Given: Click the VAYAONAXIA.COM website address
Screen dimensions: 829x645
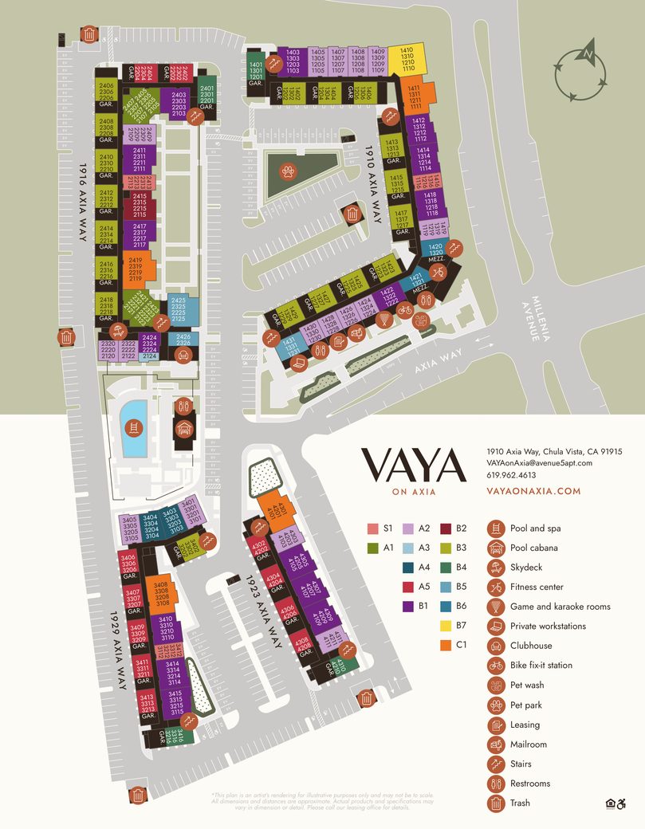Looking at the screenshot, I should point(533,492).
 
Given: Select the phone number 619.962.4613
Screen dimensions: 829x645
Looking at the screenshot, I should point(511,475).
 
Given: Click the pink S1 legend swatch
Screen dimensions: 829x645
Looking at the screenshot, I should point(372,528).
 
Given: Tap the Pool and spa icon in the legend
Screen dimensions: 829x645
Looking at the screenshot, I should point(496,528).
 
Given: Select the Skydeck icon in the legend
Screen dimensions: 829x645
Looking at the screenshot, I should point(496,568).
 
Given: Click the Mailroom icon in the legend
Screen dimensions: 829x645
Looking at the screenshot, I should point(496,745).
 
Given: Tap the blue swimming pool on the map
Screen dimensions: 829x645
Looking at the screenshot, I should point(135,427).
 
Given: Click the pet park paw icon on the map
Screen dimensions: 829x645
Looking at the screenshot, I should point(286,170).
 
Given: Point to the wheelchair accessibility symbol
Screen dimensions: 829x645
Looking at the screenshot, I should point(623,803).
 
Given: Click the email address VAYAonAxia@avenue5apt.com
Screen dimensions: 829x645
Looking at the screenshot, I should point(539,462).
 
